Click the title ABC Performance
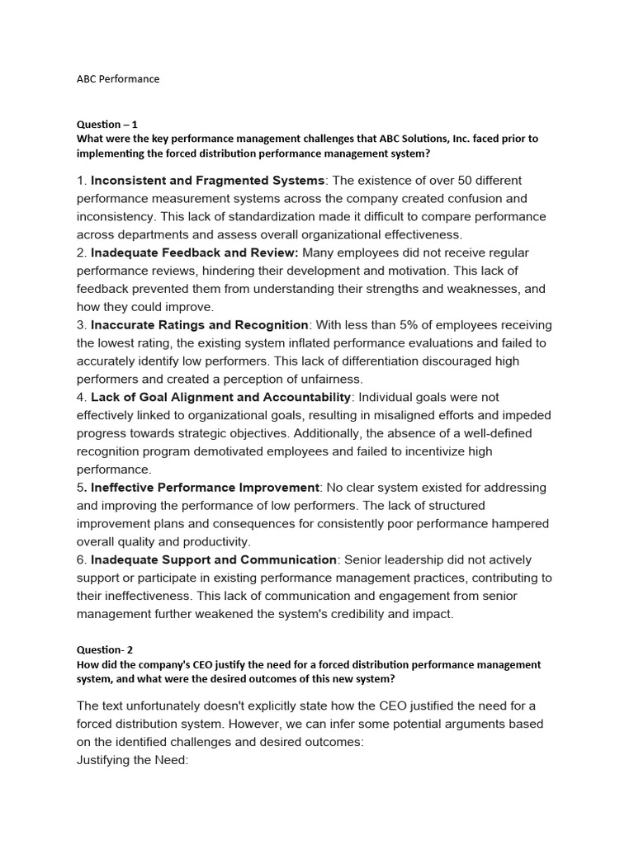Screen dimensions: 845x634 (118, 79)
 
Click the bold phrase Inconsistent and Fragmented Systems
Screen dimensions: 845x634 (207, 180)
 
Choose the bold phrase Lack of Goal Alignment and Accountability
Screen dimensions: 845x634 (220, 397)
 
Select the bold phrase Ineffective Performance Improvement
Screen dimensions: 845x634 (204, 488)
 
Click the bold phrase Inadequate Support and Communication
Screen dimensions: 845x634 (213, 559)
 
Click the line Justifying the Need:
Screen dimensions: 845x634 (133, 759)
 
